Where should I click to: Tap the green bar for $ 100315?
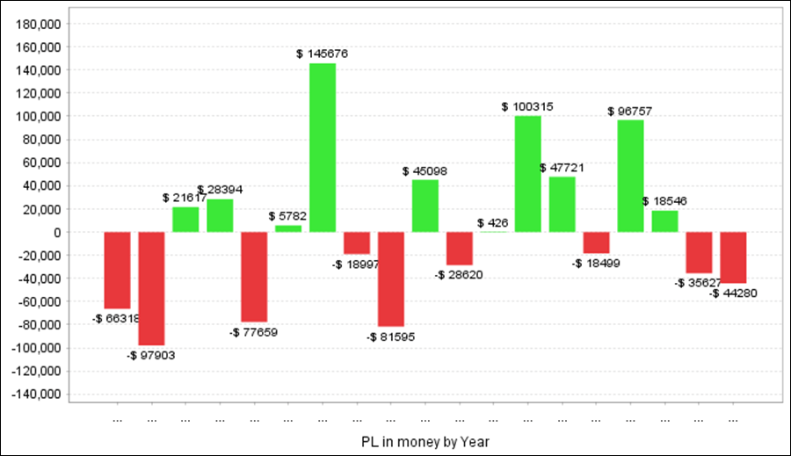coord(528,174)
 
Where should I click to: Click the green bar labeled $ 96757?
coord(630,176)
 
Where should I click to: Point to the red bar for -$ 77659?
coord(254,277)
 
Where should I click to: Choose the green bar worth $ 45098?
coord(425,206)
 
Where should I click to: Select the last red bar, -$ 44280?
coord(733,257)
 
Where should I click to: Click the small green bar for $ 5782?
coord(288,228)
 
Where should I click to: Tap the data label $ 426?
coord(493,223)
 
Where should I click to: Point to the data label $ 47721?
coord(562,167)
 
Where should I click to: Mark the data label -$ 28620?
coord(459,275)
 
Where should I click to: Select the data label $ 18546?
coord(665,201)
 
